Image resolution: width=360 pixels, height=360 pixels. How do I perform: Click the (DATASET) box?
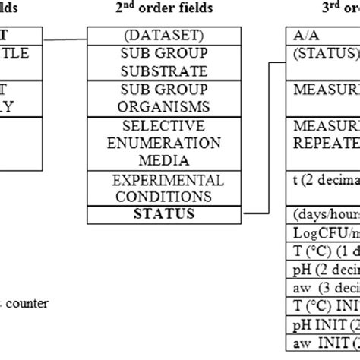click(156, 36)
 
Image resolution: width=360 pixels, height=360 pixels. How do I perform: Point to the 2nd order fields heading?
click(156, 8)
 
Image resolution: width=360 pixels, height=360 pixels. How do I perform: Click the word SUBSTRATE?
click(156, 72)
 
